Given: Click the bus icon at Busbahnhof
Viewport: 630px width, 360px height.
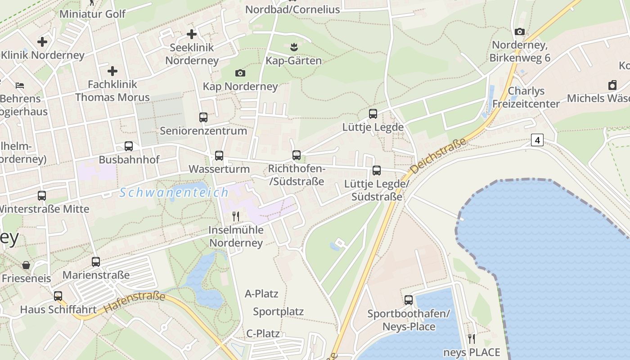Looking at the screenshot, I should pyautogui.click(x=129, y=146).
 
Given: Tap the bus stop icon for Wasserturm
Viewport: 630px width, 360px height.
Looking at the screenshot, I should pyautogui.click(x=219, y=156).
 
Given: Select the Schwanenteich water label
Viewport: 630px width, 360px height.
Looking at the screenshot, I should pyautogui.click(x=174, y=193).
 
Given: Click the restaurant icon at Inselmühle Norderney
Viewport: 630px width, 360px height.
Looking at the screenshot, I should pyautogui.click(x=235, y=216).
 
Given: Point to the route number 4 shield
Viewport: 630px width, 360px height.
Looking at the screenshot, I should pyautogui.click(x=537, y=140).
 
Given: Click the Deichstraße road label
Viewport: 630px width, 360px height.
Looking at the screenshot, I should pyautogui.click(x=438, y=157).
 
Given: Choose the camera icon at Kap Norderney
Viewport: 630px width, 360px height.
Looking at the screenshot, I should pyautogui.click(x=240, y=73).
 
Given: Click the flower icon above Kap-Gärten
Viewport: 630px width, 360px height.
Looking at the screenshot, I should pyautogui.click(x=294, y=46).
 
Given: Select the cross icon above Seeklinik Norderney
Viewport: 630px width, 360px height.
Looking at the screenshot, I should pyautogui.click(x=192, y=34).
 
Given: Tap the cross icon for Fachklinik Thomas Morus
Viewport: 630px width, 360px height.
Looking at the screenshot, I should pyautogui.click(x=112, y=71).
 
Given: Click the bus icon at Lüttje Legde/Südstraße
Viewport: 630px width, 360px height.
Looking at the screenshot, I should pyautogui.click(x=377, y=171).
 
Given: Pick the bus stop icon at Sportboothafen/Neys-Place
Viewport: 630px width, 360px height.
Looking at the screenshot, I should pyautogui.click(x=409, y=300).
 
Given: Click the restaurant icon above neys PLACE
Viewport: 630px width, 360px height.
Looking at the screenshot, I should pyautogui.click(x=472, y=338).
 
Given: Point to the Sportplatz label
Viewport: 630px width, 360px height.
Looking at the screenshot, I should pyautogui.click(x=278, y=311).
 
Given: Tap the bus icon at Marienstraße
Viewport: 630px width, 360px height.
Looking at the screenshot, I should pyautogui.click(x=96, y=262).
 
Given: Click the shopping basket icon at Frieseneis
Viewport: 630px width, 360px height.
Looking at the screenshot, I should pyautogui.click(x=27, y=265).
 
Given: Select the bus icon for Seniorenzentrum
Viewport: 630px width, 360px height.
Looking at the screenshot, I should pyautogui.click(x=203, y=117).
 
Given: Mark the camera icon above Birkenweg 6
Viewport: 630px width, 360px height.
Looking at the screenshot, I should pyautogui.click(x=520, y=31).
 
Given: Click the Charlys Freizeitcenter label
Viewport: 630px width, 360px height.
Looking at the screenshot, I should pyautogui.click(x=526, y=97).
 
